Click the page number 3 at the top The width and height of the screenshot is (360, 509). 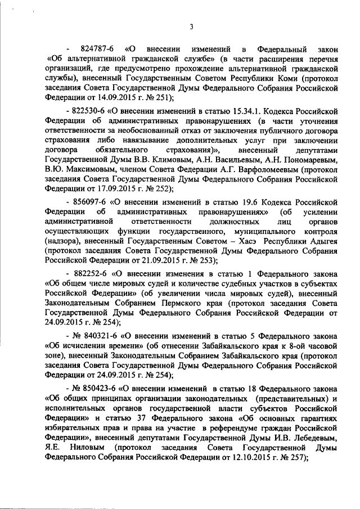191,26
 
